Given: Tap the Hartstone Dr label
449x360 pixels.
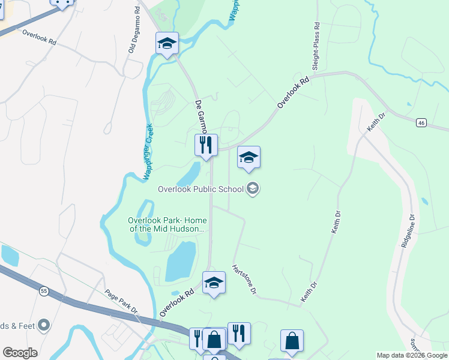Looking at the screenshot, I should [244, 280].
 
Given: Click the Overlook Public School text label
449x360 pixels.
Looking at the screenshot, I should [200, 189].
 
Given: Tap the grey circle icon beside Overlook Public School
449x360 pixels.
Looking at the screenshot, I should [253, 189].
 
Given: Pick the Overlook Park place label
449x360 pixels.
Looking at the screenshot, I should [167, 224].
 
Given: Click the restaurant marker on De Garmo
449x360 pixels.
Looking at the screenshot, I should [205, 145].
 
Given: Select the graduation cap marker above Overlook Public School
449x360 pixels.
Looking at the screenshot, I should [249, 158].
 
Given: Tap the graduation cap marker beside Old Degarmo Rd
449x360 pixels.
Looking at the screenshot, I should [167, 44].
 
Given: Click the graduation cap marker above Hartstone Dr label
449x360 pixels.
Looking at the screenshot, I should [214, 283].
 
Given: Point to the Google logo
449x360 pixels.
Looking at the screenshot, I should [20, 353].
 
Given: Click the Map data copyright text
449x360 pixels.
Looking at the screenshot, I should [412, 355].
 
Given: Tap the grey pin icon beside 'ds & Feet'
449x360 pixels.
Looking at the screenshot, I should [43, 325].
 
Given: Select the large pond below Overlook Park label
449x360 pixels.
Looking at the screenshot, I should [180, 262].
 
